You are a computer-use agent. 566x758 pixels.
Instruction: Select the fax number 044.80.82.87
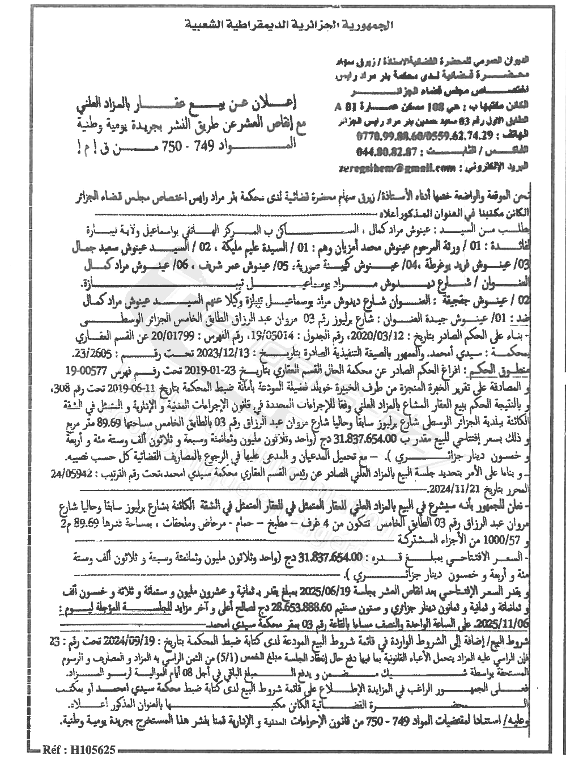click(392, 151)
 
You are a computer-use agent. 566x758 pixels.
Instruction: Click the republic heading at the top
click(282, 25)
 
